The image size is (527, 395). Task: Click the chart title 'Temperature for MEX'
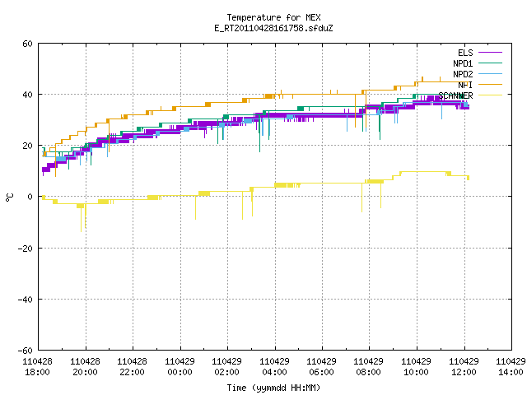click(273, 17)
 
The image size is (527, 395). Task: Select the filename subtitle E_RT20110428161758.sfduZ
click(273, 28)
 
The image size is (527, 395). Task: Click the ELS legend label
click(465, 53)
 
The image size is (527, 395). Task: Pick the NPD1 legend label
click(463, 63)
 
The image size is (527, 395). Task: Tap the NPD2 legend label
click(463, 74)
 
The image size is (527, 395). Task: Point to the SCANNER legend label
click(455, 95)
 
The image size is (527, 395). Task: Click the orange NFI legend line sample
click(490, 85)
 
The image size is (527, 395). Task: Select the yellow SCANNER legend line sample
click(490, 95)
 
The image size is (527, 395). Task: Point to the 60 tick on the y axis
click(27, 44)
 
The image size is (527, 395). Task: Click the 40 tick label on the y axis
click(27, 95)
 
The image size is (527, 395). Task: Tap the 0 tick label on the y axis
click(30, 197)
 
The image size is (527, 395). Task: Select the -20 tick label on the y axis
click(26, 249)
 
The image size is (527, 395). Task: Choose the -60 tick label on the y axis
click(26, 351)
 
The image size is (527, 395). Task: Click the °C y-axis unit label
click(9, 197)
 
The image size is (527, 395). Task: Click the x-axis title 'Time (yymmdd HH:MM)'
click(273, 388)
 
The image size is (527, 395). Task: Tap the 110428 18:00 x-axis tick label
click(38, 367)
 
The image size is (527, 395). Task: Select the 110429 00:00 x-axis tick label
click(180, 367)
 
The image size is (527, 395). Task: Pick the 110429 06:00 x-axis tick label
click(322, 367)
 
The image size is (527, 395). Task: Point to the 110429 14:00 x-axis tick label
click(511, 367)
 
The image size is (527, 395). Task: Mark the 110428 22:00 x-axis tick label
click(133, 367)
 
